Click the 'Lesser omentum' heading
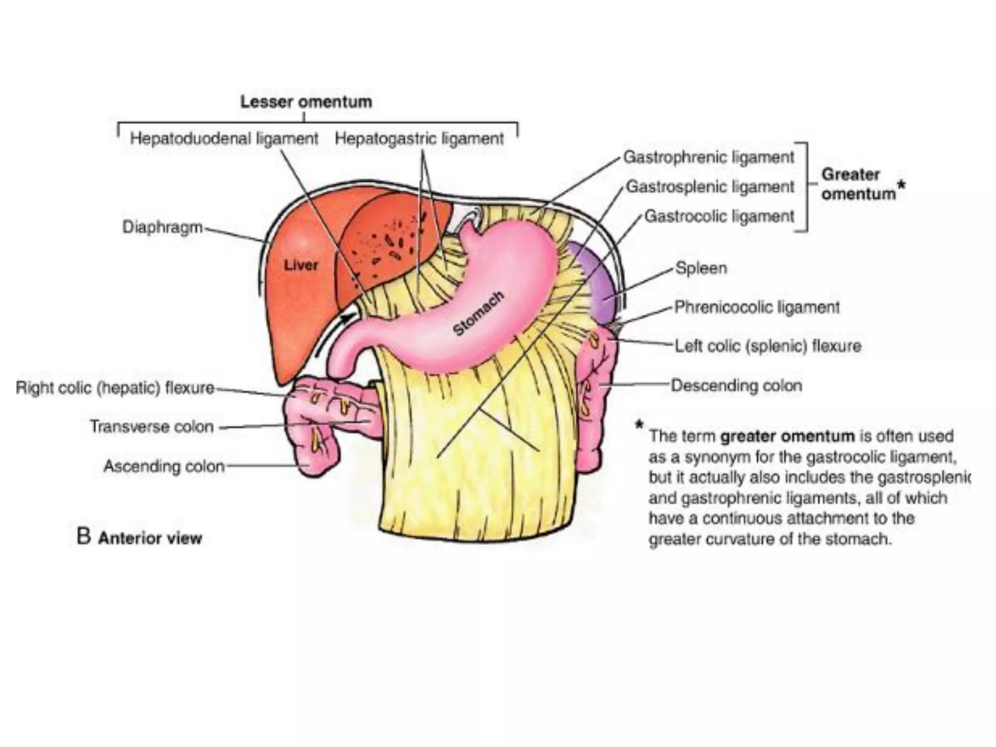pyautogui.click(x=306, y=102)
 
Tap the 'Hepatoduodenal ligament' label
pyautogui.click(x=224, y=139)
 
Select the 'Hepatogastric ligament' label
pyautogui.click(x=419, y=139)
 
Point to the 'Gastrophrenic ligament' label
pyautogui.click(x=709, y=157)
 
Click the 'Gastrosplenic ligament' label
pyautogui.click(x=710, y=186)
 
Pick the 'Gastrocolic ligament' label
pyautogui.click(x=719, y=216)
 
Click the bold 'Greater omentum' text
pyautogui.click(x=858, y=184)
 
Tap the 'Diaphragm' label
pyautogui.click(x=162, y=227)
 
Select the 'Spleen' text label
pyautogui.click(x=701, y=268)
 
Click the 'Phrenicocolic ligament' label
pyautogui.click(x=757, y=307)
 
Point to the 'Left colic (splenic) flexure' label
pyautogui.click(x=768, y=346)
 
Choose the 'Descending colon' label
pyautogui.click(x=736, y=385)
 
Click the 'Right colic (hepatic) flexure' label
pyautogui.click(x=115, y=388)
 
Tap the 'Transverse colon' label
pyautogui.click(x=152, y=427)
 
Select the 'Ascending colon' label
pyautogui.click(x=164, y=466)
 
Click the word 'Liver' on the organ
pyautogui.click(x=301, y=265)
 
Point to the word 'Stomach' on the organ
pyautogui.click(x=478, y=313)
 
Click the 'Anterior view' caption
pyautogui.click(x=150, y=538)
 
